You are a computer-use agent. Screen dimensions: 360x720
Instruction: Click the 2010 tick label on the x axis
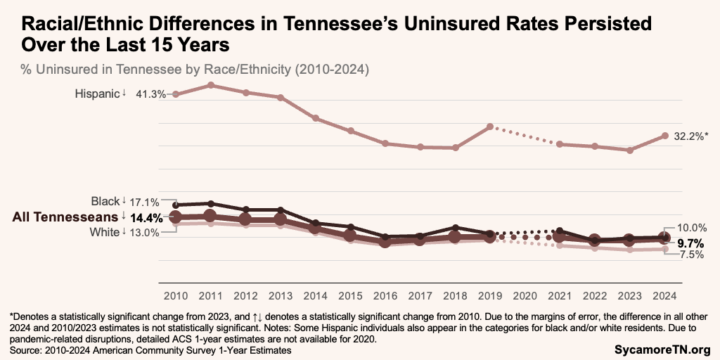(x=175, y=295)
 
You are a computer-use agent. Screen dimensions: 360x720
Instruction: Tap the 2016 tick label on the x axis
(x=385, y=295)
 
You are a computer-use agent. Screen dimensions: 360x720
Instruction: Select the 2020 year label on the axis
(x=525, y=295)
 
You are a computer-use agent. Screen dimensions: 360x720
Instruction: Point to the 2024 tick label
(x=664, y=295)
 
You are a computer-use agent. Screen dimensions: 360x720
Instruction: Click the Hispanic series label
(x=97, y=94)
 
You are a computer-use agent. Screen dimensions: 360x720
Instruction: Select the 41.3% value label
(x=149, y=94)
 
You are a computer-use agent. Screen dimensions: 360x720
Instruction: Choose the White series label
(x=105, y=232)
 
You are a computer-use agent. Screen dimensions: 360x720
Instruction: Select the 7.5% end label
(x=691, y=255)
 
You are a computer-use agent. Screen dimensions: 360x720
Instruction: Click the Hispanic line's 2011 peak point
(x=210, y=85)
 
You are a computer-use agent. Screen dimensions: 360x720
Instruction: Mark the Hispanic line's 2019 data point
(x=490, y=127)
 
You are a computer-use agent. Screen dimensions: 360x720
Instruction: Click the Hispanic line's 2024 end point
(x=664, y=135)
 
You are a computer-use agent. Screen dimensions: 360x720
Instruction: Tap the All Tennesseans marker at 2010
(x=175, y=217)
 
